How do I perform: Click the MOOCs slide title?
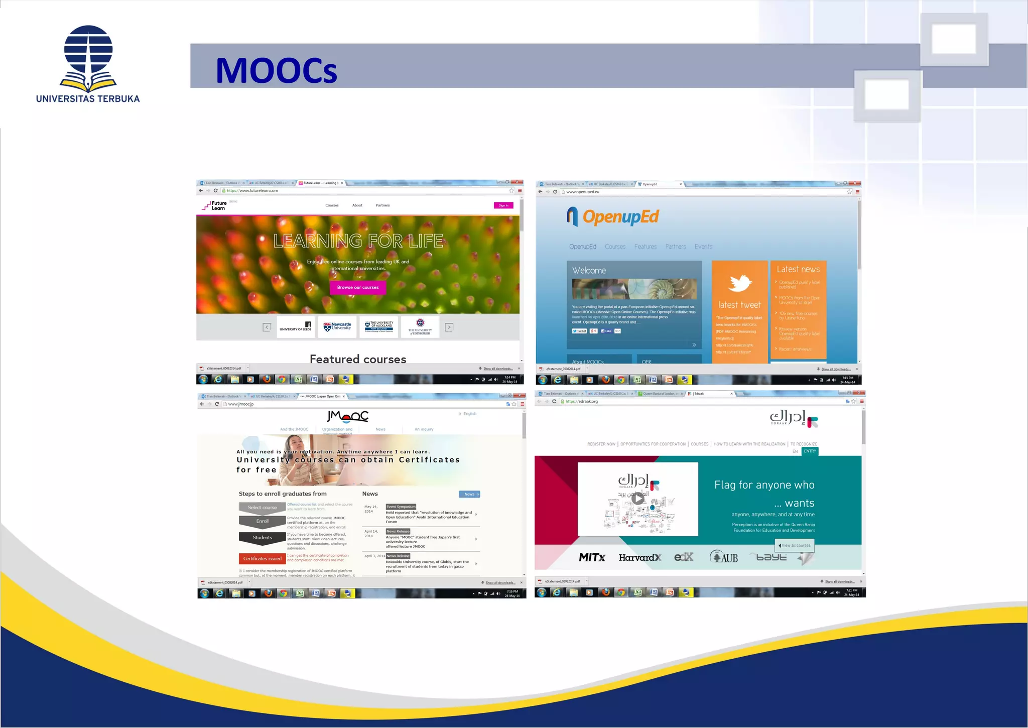coord(276,70)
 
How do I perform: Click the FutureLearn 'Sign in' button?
coord(503,205)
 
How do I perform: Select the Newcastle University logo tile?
coord(337,327)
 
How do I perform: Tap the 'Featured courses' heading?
coord(358,359)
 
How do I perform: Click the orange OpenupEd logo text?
coord(620,217)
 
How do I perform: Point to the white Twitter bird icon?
coord(740,283)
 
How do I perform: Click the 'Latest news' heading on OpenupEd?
coord(798,270)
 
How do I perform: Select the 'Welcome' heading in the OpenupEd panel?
coord(589,271)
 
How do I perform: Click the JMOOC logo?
coord(348,416)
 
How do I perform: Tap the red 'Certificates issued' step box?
coord(262,559)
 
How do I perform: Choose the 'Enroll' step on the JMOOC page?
coord(262,522)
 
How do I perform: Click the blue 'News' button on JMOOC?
coord(469,495)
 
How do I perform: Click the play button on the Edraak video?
coord(637,499)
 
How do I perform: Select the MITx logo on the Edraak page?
coord(592,557)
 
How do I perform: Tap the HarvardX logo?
coord(639,557)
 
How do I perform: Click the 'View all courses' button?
coord(795,545)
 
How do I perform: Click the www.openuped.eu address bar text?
coord(583,192)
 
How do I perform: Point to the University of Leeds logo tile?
coord(296,327)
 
